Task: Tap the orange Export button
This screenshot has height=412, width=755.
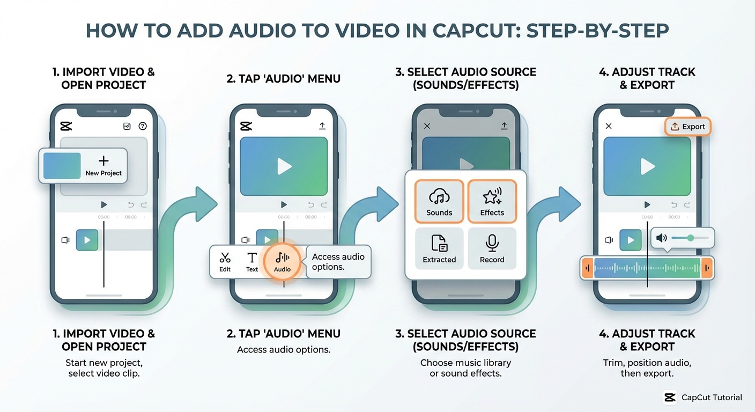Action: click(688, 127)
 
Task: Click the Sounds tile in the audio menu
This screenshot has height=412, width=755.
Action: click(439, 201)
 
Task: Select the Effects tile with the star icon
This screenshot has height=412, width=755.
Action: click(492, 201)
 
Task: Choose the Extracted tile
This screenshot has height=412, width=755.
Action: click(439, 248)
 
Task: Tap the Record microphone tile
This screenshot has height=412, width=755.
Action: click(492, 248)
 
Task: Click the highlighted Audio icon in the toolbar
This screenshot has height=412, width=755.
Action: click(283, 261)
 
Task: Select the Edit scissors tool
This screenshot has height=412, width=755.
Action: click(225, 261)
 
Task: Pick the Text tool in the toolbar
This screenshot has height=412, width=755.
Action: click(252, 261)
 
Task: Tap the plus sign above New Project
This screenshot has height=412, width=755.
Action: click(103, 160)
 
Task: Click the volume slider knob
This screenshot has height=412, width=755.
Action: click(691, 238)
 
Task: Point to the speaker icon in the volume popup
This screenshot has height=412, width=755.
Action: click(662, 238)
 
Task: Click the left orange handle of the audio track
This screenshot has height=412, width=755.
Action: click(588, 268)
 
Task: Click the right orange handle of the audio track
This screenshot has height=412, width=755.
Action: click(707, 268)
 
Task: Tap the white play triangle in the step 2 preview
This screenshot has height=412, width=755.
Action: click(284, 166)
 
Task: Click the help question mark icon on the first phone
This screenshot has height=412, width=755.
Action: click(143, 126)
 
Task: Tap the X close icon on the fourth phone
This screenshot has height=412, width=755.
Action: click(609, 126)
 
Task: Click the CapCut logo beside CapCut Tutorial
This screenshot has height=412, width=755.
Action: click(670, 398)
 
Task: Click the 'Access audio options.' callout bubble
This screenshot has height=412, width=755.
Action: click(338, 262)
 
